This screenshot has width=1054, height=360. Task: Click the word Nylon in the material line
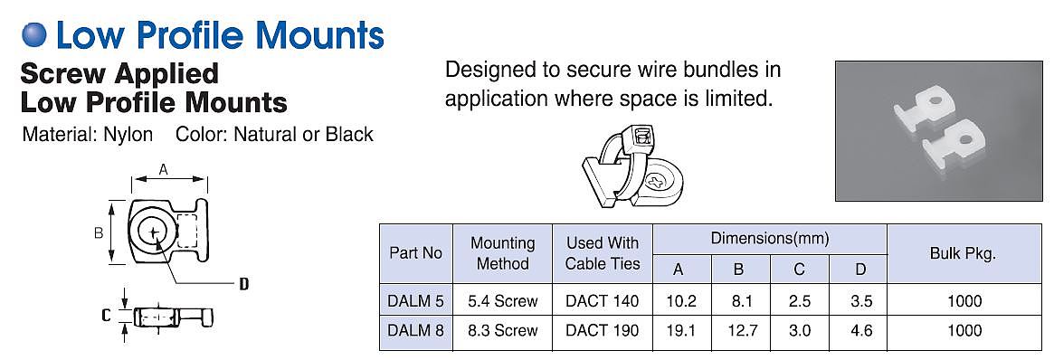coord(128,135)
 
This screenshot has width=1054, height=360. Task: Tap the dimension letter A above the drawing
coord(163,171)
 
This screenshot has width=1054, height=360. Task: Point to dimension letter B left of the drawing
coord(98,233)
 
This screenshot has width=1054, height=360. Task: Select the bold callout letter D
coord(244,284)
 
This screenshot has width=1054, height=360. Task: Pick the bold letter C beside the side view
coord(106,315)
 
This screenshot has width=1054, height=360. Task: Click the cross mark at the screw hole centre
coord(155,232)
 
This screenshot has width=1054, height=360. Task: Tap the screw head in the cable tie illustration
coord(658,182)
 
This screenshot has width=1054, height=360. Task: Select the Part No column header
coord(415,253)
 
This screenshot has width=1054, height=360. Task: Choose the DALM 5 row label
coord(415,301)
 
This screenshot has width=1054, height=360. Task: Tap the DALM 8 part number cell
coord(415,330)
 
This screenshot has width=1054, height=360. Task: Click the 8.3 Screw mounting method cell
coord(502,330)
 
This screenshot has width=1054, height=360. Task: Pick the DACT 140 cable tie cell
coord(603,301)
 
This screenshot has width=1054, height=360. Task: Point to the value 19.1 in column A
coord(681,330)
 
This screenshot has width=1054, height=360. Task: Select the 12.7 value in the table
coord(738,330)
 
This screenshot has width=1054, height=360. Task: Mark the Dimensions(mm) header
coord(770,239)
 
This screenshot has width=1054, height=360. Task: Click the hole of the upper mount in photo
coord(933,102)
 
